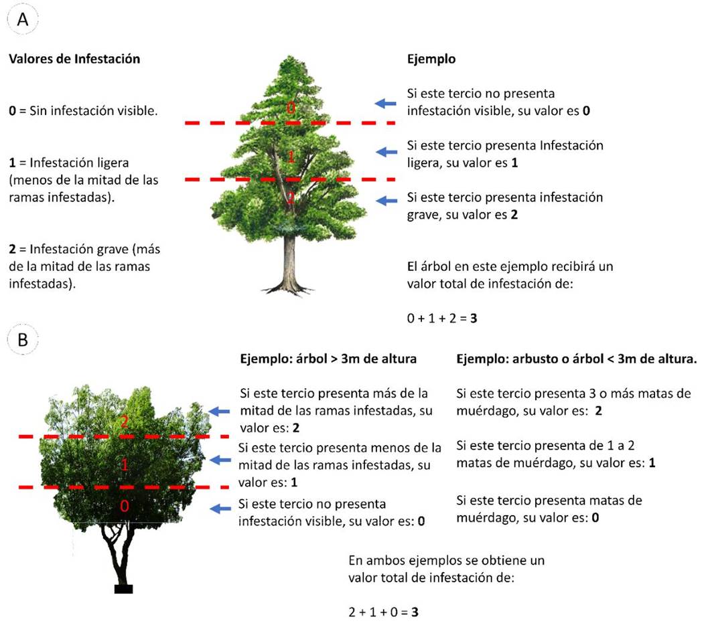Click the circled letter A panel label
[23, 20]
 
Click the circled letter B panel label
[23, 340]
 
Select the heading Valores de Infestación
[74, 59]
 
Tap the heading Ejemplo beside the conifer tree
[431, 59]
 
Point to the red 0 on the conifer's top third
[290, 108]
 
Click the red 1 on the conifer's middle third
[291, 157]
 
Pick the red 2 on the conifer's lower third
[290, 198]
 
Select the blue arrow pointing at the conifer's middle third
[387, 153]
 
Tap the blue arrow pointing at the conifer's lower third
[387, 200]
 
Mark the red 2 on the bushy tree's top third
[123, 422]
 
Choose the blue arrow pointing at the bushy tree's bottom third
[220, 510]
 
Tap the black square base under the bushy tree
[123, 589]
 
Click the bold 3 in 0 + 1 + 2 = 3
[474, 319]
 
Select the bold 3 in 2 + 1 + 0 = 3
[415, 612]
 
